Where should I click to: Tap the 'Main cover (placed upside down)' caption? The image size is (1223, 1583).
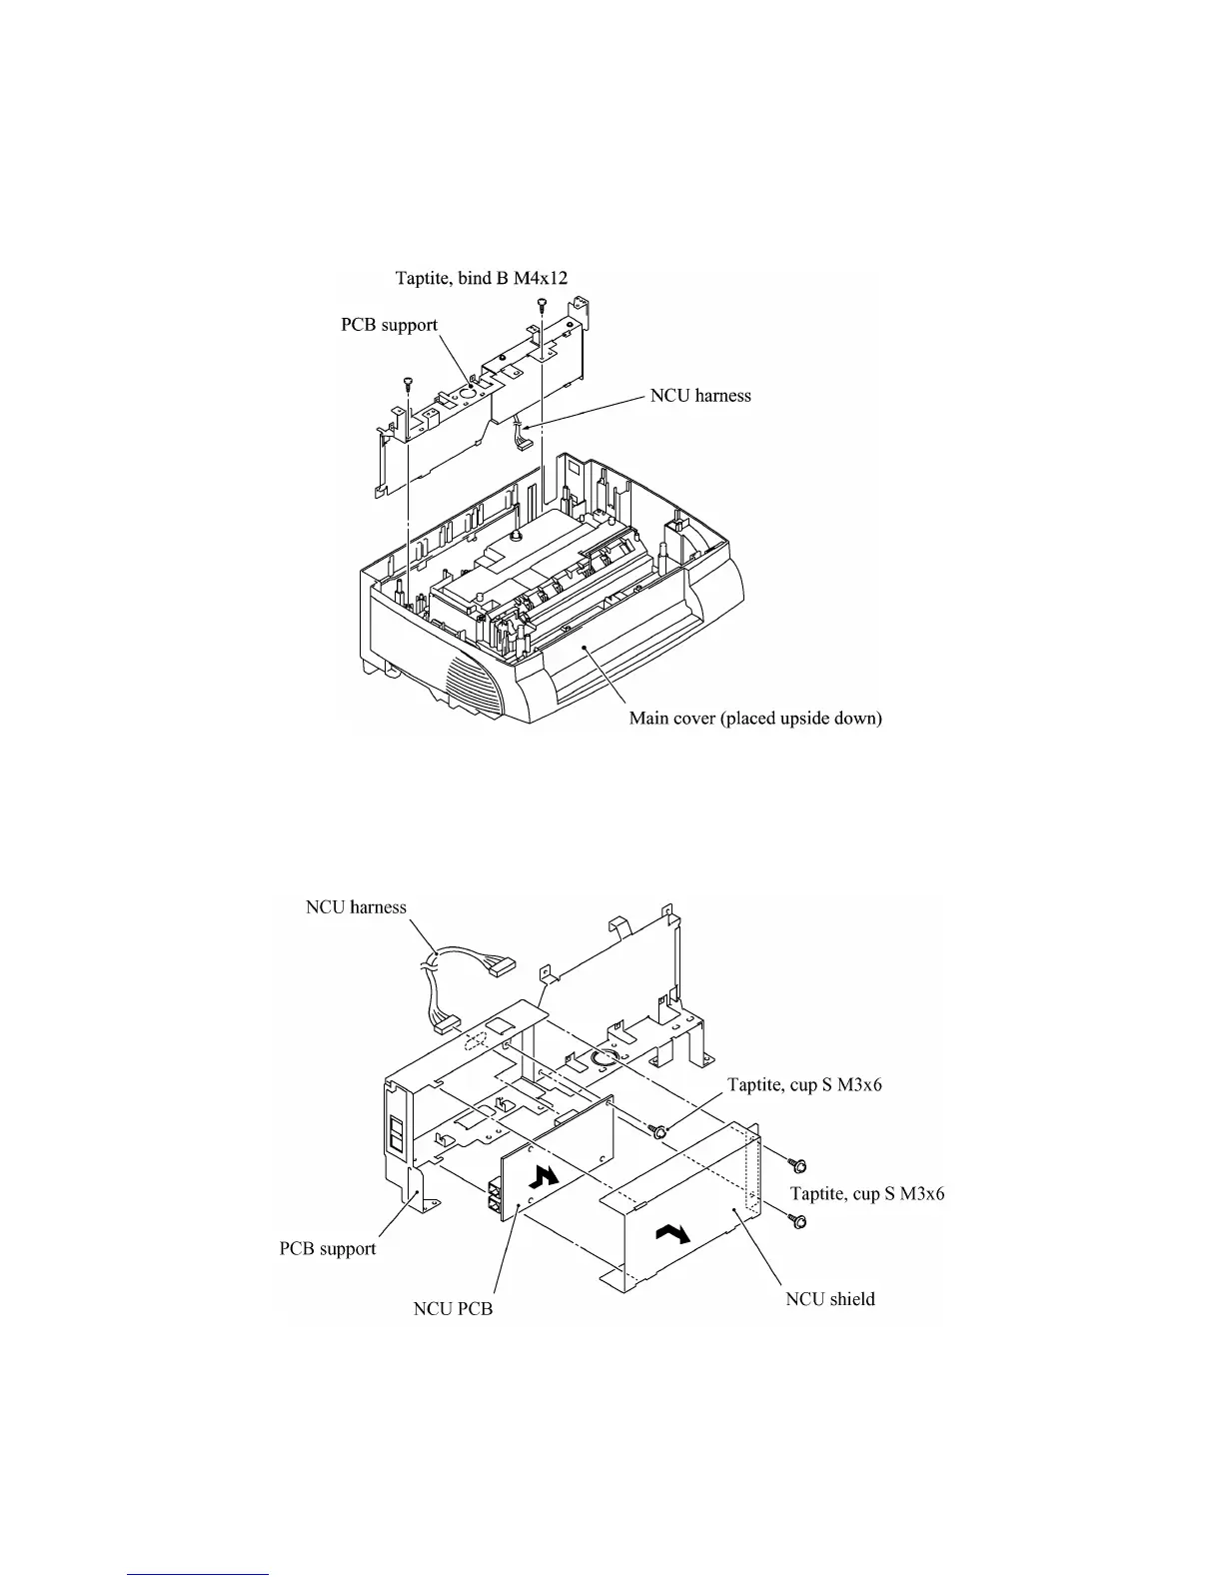coord(755,719)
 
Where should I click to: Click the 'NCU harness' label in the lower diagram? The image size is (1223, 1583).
coord(356,907)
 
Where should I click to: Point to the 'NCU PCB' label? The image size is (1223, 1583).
coord(453,1308)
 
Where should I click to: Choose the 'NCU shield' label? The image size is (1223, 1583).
coord(830,1299)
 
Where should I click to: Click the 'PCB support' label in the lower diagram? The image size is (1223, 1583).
coord(328,1248)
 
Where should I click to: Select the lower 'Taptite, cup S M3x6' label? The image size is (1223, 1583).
coord(867,1193)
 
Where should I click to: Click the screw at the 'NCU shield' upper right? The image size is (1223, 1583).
coord(798,1164)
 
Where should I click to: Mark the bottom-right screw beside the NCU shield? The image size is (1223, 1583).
coord(798,1220)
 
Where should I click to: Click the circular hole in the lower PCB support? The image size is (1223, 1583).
coord(605,1058)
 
